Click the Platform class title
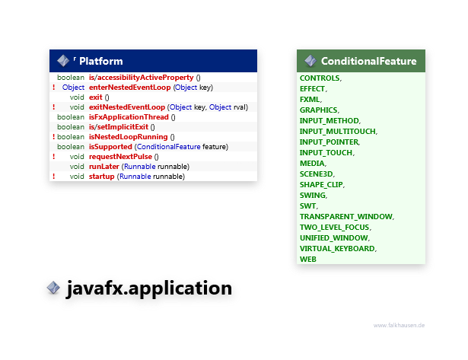100,61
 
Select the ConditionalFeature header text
368,61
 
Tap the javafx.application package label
148,289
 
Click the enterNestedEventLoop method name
130,88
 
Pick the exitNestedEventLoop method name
127,107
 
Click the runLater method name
103,167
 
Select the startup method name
101,177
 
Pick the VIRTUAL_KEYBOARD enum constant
337,249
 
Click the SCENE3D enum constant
317,174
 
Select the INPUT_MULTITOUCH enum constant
338,132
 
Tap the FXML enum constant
310,100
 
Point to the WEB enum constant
308,260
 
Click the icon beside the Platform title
62,61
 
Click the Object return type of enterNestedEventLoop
74,88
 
